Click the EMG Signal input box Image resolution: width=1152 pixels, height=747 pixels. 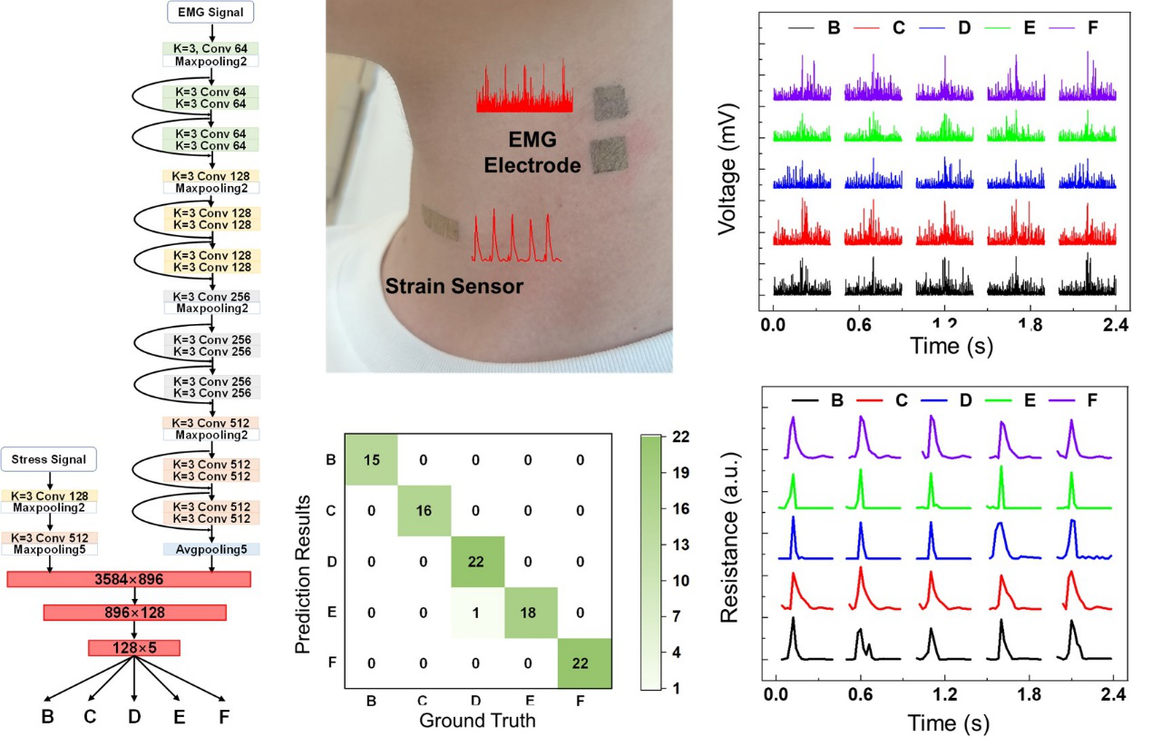210,12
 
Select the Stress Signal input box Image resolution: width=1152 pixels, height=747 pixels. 49,459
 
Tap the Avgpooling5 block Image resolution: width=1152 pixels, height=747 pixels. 211,549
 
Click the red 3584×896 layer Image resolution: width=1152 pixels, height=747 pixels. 128,580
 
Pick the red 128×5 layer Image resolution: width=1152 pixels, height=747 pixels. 134,647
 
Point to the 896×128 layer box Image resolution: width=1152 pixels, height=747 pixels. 134,613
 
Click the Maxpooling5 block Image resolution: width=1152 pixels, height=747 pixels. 49,549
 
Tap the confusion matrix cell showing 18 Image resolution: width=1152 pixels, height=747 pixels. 529,613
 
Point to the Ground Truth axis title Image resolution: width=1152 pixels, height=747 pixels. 477,722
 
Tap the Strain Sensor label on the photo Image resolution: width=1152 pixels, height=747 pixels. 455,286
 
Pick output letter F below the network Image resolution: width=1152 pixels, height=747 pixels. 223,717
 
